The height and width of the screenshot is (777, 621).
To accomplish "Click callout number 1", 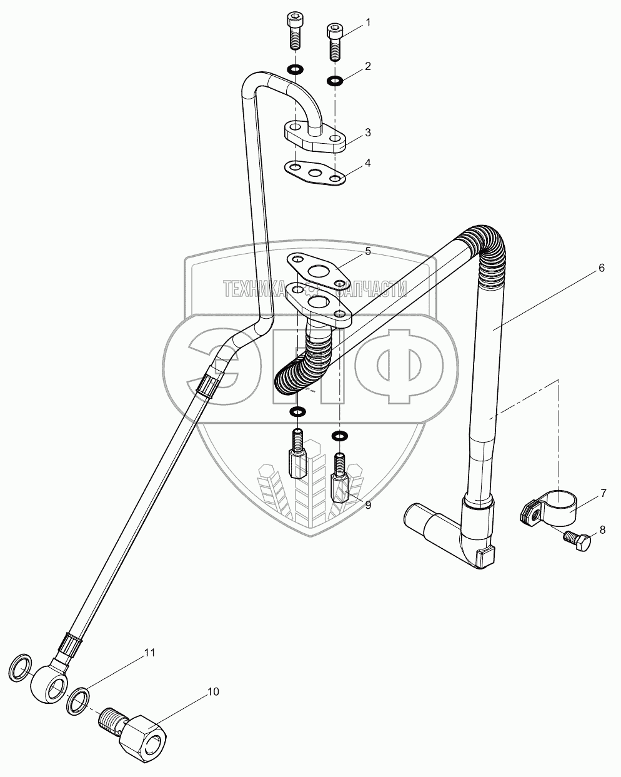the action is tap(368, 23).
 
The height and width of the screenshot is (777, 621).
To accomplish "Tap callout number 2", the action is tap(368, 66).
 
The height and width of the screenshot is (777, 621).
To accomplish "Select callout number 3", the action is tap(368, 133).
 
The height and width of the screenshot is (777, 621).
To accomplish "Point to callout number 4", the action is tap(368, 163).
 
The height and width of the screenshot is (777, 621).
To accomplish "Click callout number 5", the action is tap(368, 251).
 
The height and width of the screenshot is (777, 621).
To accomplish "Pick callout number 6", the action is tap(602, 268).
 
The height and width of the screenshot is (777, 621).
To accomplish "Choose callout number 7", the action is tap(604, 493).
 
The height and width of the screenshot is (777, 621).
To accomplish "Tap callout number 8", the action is tap(602, 530).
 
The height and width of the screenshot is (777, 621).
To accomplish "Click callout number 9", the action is tap(368, 506).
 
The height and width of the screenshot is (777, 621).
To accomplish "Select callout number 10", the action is tap(213, 691).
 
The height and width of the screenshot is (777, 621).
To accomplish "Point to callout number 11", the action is tap(150, 653).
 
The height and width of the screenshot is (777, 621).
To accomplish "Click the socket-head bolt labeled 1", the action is tap(334, 41).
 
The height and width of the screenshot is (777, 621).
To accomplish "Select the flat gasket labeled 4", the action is tap(315, 173).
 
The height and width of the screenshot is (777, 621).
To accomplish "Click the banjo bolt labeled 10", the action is tap(133, 726).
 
